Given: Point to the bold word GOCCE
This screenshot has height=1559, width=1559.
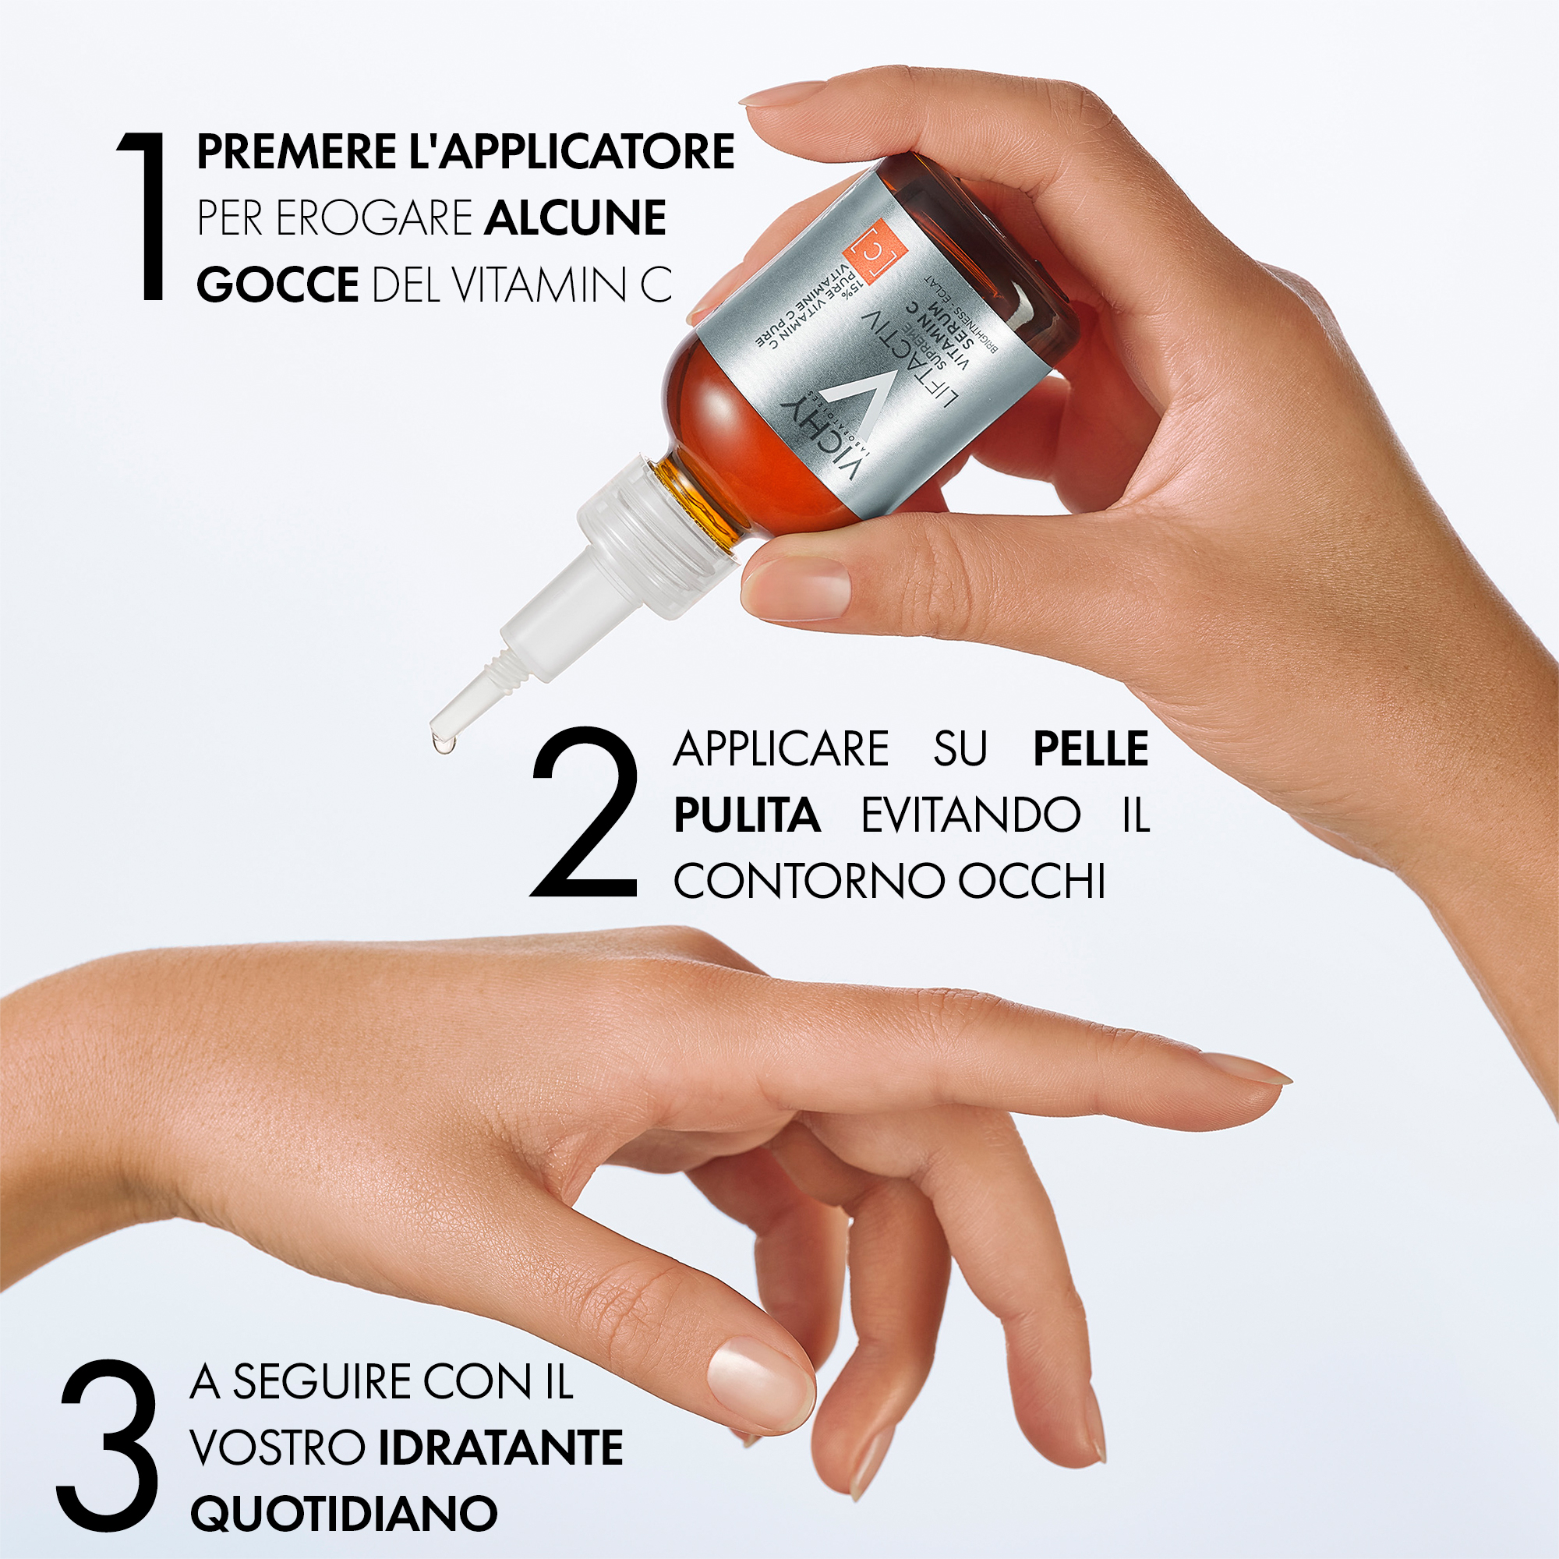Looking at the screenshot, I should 277,284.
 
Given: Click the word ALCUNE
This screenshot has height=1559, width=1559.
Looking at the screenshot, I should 575,218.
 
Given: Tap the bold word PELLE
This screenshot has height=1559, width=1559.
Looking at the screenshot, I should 1091,748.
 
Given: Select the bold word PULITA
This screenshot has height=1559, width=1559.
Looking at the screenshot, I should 747,815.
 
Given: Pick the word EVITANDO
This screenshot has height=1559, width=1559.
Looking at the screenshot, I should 970,815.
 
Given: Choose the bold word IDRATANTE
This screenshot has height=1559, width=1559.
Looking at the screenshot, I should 500,1447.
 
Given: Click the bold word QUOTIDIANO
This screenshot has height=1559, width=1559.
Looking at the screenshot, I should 343,1513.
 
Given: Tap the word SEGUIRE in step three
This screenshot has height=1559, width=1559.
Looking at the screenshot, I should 323,1381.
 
